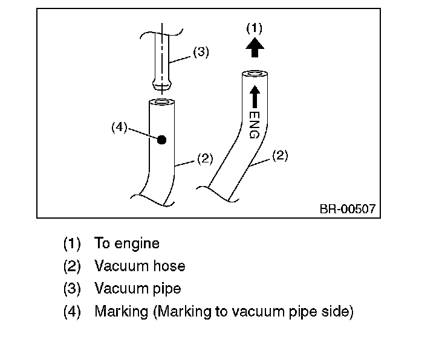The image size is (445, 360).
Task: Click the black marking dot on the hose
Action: pyautogui.click(x=161, y=140)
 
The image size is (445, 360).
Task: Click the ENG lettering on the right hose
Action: pyautogui.click(x=254, y=124)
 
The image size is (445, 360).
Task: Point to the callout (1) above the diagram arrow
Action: pyautogui.click(x=255, y=28)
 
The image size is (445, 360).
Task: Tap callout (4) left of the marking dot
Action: pyautogui.click(x=119, y=127)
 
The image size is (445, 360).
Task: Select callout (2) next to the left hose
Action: pyautogui.click(x=205, y=159)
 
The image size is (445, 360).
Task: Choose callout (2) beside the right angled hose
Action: pyautogui.click(x=279, y=155)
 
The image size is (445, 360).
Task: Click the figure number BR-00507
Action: pyautogui.click(x=347, y=209)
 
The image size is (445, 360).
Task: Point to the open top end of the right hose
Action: pyautogui.click(x=254, y=74)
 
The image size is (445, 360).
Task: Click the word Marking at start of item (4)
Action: pyautogui.click(x=121, y=312)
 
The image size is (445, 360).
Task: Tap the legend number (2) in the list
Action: pyautogui.click(x=72, y=266)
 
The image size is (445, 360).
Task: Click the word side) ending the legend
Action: pyautogui.click(x=339, y=312)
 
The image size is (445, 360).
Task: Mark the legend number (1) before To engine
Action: pyautogui.click(x=72, y=243)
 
